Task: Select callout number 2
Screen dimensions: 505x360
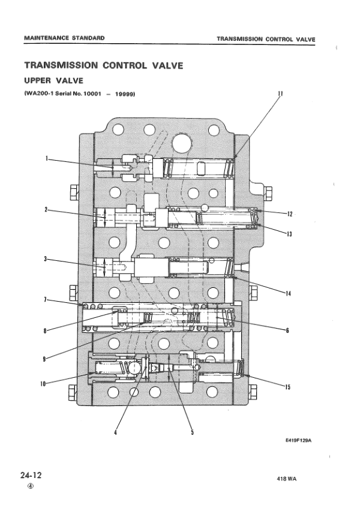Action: (x=46, y=209)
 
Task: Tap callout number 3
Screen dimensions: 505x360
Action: (x=46, y=259)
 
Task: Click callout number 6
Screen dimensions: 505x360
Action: (x=287, y=330)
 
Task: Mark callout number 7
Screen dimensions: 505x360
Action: (x=46, y=299)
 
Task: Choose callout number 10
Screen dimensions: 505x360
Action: (x=44, y=384)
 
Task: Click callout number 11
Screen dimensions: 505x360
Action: (x=280, y=94)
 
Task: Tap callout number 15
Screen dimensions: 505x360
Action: (x=288, y=387)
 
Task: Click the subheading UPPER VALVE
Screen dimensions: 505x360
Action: (x=49, y=80)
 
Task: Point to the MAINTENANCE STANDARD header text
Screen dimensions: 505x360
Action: (x=64, y=38)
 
